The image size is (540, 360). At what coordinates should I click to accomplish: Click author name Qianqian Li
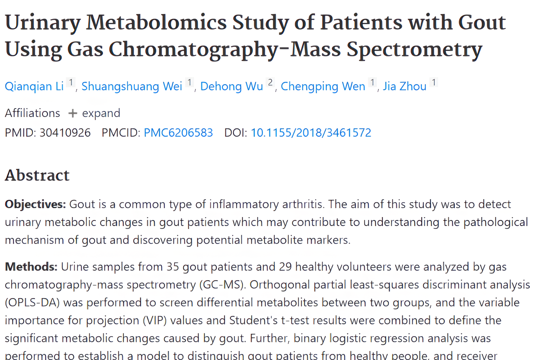click(34, 86)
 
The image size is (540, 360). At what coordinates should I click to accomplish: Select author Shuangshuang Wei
click(132, 86)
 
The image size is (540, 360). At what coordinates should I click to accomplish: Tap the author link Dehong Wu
click(231, 86)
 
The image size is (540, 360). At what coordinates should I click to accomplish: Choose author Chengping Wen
click(323, 86)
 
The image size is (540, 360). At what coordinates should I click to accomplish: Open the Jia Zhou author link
click(404, 86)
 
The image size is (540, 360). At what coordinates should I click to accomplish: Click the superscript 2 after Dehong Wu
click(270, 82)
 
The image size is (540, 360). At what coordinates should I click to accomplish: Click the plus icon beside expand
click(73, 113)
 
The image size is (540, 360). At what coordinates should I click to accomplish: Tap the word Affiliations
click(32, 113)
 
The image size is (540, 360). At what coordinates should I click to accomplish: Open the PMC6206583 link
click(178, 133)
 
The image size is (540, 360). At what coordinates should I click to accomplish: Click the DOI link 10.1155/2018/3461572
click(311, 133)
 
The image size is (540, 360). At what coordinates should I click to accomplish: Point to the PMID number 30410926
click(65, 133)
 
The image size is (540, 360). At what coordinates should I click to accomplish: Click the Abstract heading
click(37, 175)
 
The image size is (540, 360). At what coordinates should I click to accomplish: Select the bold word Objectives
click(35, 204)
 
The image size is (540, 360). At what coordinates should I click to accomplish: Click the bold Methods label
click(31, 267)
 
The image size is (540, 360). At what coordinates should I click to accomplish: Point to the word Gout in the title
click(482, 22)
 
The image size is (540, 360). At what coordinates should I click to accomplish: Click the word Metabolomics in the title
click(156, 22)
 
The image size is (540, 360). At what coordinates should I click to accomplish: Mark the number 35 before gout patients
click(172, 267)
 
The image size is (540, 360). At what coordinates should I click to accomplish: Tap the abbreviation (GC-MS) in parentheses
click(222, 285)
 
